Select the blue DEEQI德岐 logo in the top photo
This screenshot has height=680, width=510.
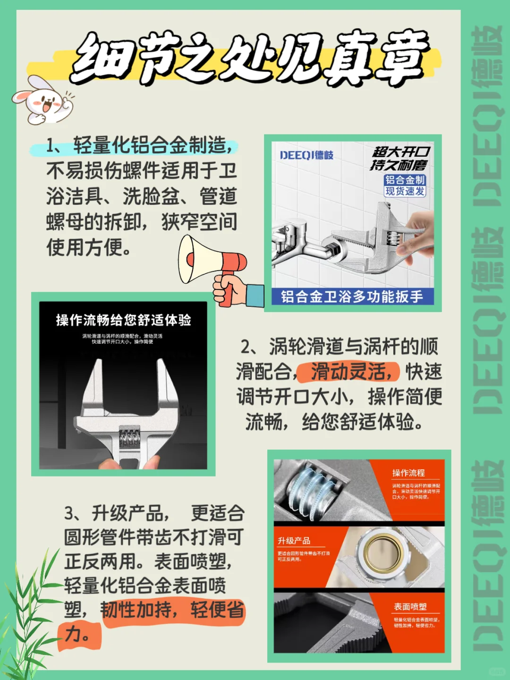pos(306,155)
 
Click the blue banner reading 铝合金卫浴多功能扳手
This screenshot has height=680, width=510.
pos(352,297)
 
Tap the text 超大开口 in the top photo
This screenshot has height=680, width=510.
pos(400,152)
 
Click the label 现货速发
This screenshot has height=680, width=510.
pos(405,191)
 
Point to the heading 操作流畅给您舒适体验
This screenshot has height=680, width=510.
pos(123,320)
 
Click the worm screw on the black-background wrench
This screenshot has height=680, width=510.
pos(129,438)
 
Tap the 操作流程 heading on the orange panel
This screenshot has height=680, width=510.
pos(408,473)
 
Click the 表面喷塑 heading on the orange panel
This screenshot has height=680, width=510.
pos(410,606)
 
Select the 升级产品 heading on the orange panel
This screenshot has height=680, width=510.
pos(294,541)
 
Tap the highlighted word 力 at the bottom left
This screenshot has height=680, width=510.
pos(76,634)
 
